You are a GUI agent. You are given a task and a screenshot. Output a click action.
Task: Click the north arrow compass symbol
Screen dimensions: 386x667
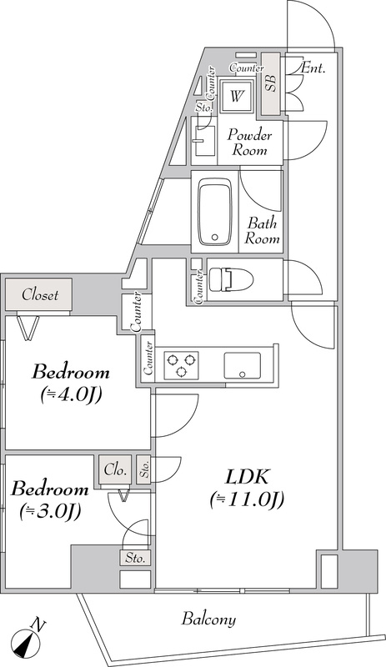pos(28,642)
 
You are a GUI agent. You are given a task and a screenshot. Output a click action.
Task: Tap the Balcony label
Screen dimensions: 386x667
pos(208,619)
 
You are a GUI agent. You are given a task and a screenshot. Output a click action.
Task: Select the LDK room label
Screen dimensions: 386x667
pos(247,478)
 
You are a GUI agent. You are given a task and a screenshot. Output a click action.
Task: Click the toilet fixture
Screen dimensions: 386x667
pos(230,280)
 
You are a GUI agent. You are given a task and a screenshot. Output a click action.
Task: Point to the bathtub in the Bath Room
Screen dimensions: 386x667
pos(215,212)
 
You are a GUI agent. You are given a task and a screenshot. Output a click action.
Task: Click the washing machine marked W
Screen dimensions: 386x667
pos(237,94)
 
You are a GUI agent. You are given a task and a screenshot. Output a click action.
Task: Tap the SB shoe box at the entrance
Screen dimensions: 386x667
pos(270,83)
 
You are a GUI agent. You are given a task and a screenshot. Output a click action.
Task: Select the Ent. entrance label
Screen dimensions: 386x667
pos(313,68)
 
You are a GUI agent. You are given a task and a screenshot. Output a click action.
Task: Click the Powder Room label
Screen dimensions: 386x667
pos(249,143)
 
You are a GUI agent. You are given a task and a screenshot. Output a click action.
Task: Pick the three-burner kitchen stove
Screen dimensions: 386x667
pos(182,364)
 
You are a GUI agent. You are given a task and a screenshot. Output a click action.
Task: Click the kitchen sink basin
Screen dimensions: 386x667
pos(243,365)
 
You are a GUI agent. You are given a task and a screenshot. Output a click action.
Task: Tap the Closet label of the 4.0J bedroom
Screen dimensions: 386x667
pos(40,294)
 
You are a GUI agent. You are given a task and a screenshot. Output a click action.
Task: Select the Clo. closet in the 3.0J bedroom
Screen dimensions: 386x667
pos(115,469)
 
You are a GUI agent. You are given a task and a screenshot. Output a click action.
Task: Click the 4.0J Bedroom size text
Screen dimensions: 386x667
pos(70,396)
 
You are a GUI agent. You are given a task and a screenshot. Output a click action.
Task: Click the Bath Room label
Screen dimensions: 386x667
pos(262,230)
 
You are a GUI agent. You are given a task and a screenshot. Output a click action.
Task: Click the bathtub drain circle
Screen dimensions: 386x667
pos(215,238)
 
